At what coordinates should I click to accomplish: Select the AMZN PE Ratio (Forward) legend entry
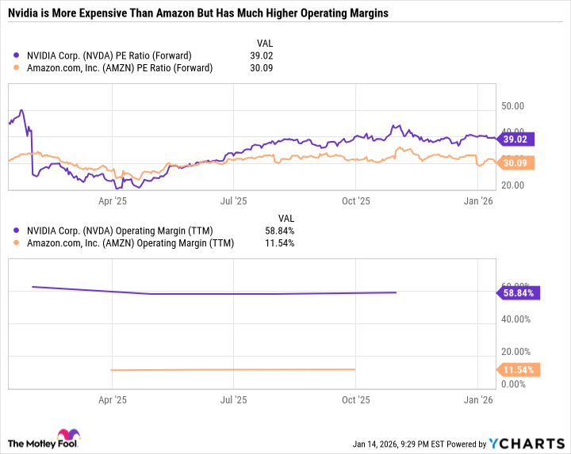118,68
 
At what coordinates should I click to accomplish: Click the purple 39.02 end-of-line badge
518,139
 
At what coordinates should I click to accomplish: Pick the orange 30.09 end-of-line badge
518,163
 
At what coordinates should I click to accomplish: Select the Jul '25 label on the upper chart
232,202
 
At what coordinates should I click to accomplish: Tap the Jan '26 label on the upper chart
478,202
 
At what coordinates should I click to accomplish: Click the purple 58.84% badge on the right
518,292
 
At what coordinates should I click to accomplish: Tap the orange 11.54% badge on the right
518,369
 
